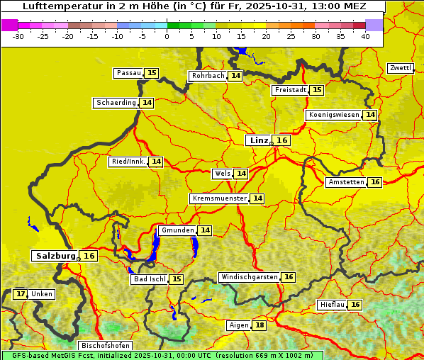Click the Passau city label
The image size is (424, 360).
[128, 73]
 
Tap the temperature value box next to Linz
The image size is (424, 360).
[282, 140]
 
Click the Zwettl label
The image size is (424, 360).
[401, 68]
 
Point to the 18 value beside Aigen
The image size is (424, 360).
[260, 325]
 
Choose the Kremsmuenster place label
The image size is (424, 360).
[219, 198]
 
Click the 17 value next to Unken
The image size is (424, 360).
[21, 293]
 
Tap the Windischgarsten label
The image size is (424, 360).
[249, 277]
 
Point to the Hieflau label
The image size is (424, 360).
[333, 305]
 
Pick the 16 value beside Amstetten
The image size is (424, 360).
[375, 182]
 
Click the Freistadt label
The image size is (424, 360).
[290, 90]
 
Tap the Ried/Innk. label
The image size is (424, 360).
[128, 162]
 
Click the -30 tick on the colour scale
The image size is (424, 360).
[18, 36]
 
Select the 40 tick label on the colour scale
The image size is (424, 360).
[365, 36]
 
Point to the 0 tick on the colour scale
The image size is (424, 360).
[167, 36]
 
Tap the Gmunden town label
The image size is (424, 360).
[177, 230]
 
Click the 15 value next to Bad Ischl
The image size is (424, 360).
[177, 279]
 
